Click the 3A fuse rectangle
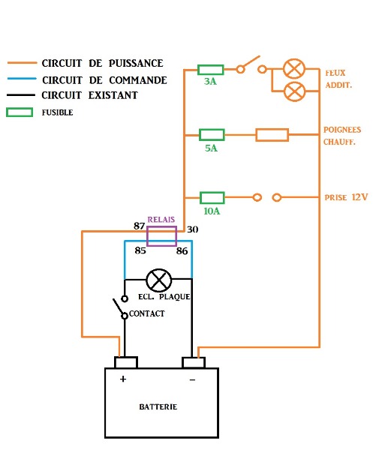click(210, 70)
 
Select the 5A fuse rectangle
click(212, 135)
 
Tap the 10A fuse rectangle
click(212, 198)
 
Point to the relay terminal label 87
click(139, 226)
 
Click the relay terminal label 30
click(192, 229)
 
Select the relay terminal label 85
click(140, 250)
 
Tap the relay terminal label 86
click(182, 251)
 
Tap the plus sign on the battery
click(123, 379)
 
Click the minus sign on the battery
click(192, 379)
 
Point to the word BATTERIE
click(158, 406)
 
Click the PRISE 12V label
click(346, 197)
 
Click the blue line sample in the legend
click(22, 78)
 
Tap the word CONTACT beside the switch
click(147, 313)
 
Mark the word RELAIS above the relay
click(161, 220)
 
